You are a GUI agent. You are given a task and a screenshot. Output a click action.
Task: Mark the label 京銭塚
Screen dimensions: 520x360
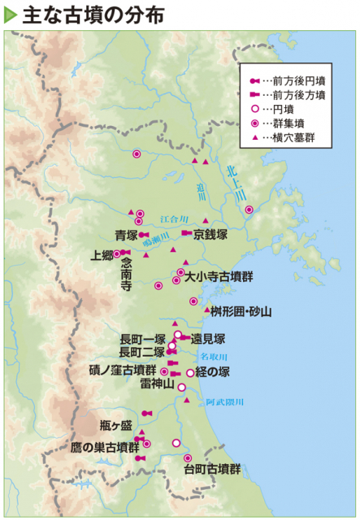tap(210, 234)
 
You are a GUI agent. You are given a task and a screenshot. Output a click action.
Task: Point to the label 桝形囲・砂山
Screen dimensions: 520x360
tap(241, 311)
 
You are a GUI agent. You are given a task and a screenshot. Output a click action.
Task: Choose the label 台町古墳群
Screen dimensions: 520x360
tap(212, 470)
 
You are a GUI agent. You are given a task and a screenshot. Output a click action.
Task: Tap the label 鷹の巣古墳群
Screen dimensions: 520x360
tap(105, 448)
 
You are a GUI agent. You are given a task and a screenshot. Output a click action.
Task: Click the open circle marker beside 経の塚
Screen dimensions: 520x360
tap(190, 373)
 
